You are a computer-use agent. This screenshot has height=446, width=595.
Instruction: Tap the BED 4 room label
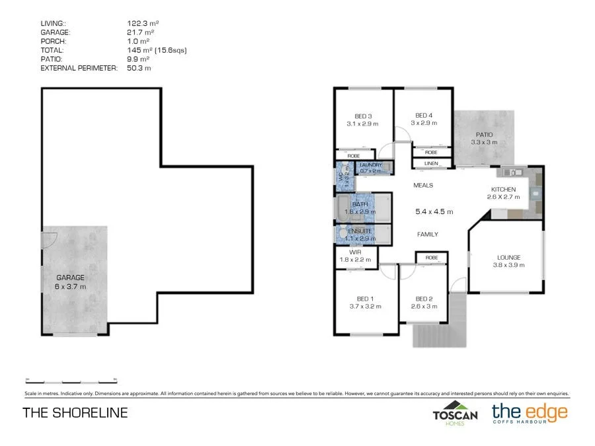click(424, 116)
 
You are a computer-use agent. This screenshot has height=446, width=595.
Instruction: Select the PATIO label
click(485, 134)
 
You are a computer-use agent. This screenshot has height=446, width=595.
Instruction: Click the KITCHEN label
click(503, 189)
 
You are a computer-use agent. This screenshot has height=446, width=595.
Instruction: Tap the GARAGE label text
click(69, 278)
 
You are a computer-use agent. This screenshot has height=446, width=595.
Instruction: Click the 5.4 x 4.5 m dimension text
click(434, 211)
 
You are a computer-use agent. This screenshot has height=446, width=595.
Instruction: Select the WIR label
click(355, 252)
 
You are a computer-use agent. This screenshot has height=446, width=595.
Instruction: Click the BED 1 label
click(362, 298)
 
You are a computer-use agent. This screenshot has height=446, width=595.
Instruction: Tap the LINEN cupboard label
click(431, 163)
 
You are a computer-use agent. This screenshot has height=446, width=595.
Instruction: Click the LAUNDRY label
click(371, 165)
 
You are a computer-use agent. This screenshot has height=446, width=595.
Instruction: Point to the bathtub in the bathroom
click(344, 209)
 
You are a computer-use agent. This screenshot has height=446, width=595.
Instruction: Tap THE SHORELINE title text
click(75, 413)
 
